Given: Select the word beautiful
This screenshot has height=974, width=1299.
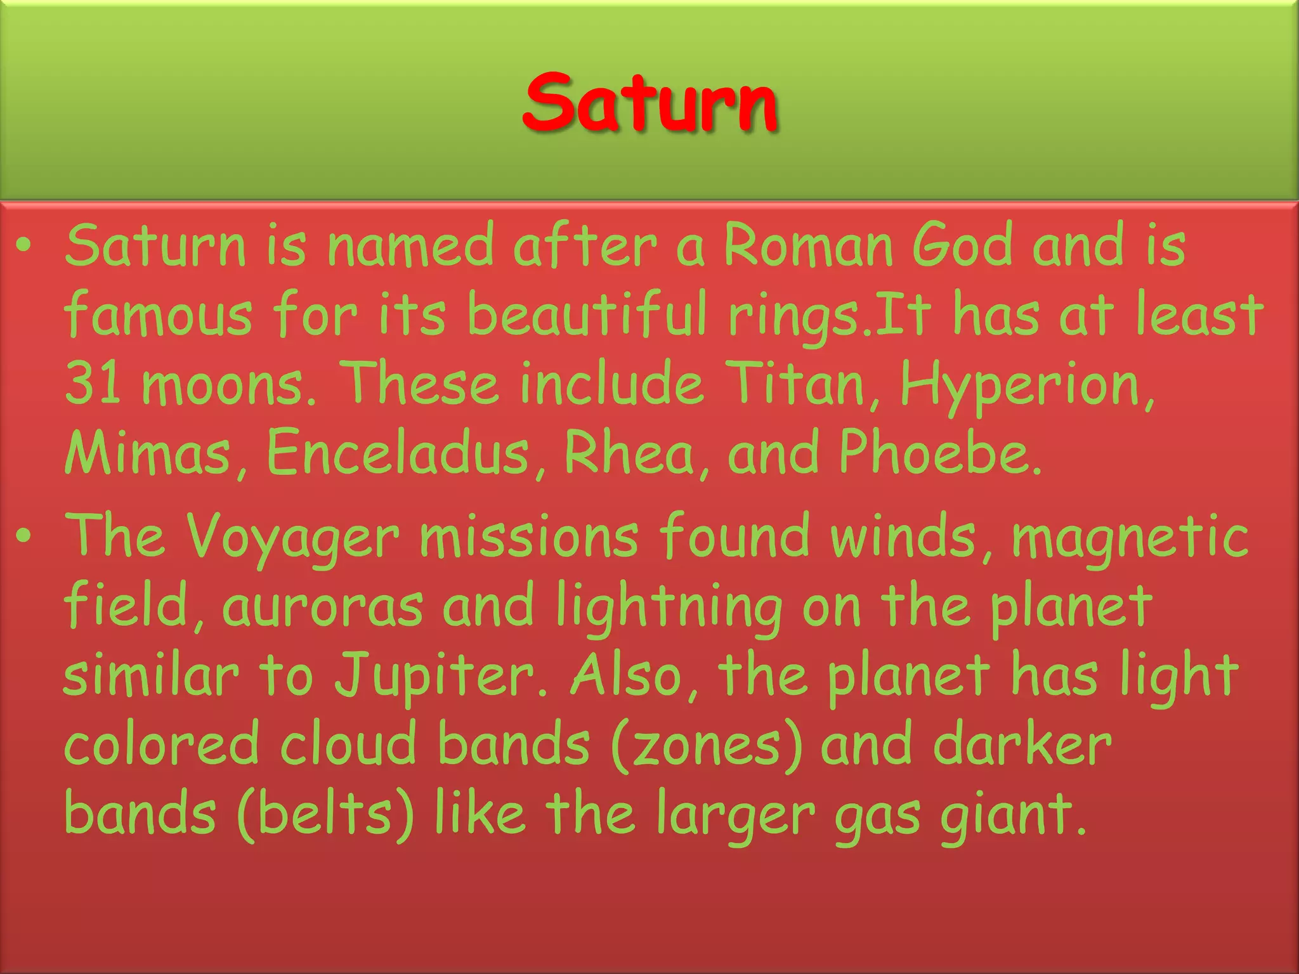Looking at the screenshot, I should tap(587, 314).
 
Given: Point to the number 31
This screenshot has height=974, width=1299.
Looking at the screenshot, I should tap(93, 383).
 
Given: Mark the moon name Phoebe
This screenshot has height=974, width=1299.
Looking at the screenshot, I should tap(939, 453).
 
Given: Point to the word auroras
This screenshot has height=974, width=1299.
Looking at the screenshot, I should tap(322, 606).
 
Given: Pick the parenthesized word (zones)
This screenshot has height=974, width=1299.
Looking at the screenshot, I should tap(707, 744).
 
